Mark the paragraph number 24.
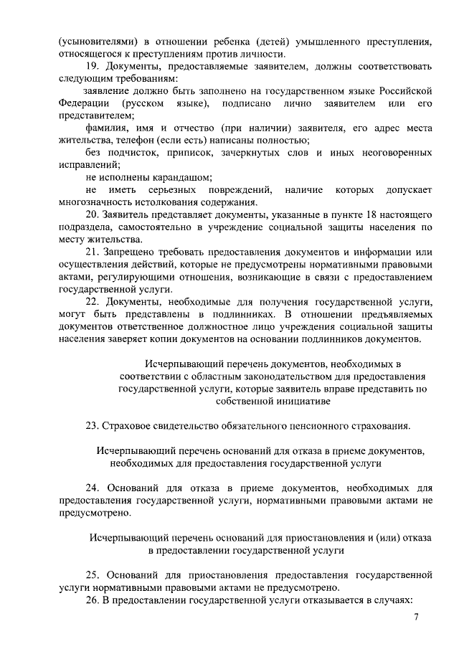point(93,488)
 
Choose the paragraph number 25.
point(93,574)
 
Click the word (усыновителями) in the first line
point(97,42)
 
